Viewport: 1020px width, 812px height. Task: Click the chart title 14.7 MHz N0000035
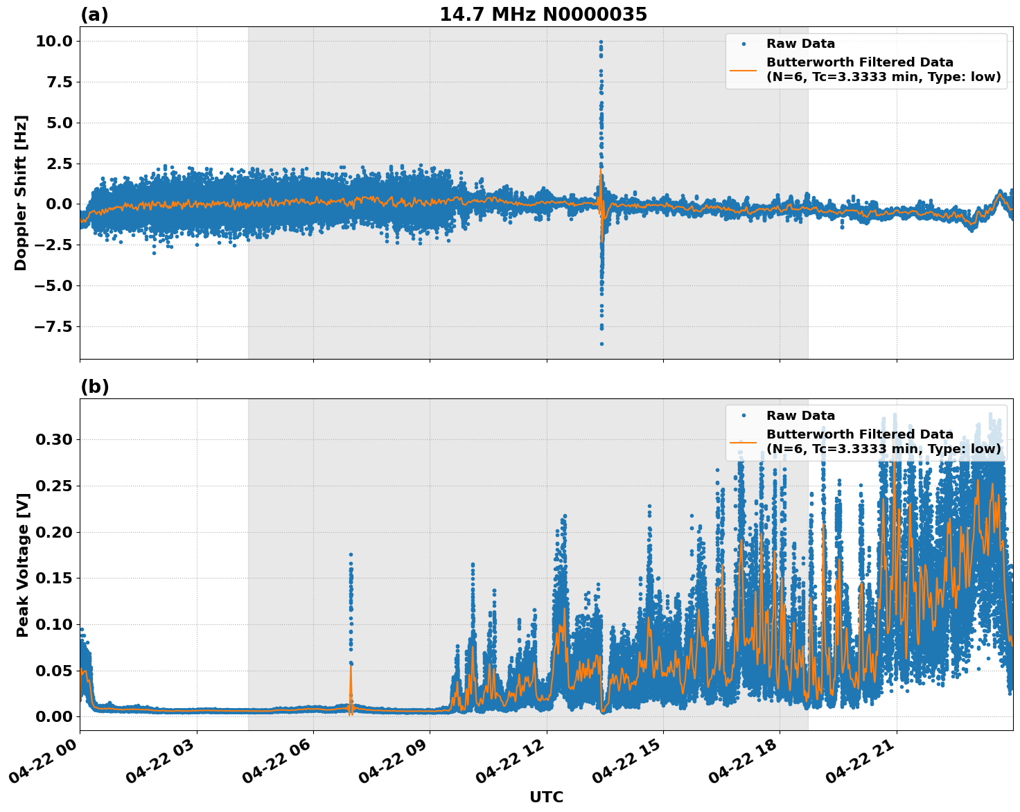coord(543,15)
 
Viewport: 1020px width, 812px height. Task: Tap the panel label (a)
coord(94,15)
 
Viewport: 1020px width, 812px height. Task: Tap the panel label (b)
coord(94,387)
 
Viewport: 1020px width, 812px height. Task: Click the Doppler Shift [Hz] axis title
coord(21,193)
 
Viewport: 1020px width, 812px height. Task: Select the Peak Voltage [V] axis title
coord(23,565)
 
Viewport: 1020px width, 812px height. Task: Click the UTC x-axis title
coord(546,797)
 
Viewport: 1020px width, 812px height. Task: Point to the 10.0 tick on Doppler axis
coord(53,42)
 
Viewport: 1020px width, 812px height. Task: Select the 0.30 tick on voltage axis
coord(53,440)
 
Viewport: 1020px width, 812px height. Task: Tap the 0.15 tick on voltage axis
coord(53,579)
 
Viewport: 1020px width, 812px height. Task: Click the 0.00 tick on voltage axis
coord(53,716)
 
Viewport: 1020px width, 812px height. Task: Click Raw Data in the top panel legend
coord(800,44)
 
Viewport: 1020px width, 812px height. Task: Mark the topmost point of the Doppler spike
coord(601,42)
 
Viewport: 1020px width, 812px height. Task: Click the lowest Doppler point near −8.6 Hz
coord(601,344)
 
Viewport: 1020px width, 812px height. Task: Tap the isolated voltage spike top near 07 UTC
coord(351,554)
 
